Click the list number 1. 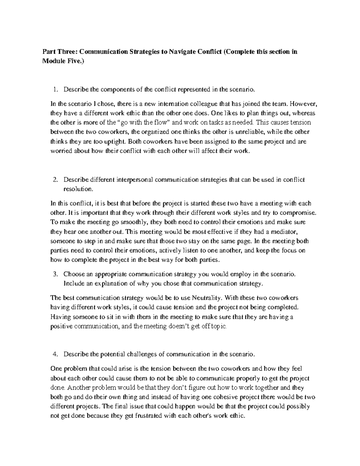click(x=54, y=89)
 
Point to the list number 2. click(x=55, y=180)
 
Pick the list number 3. click(x=55, y=274)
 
